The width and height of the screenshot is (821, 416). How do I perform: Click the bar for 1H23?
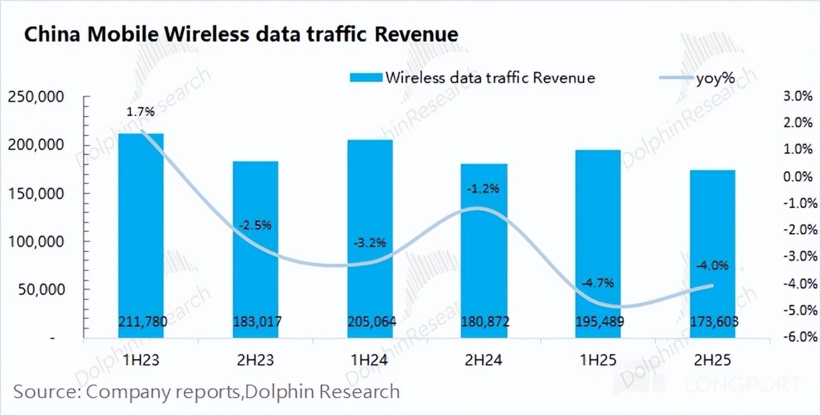(x=141, y=235)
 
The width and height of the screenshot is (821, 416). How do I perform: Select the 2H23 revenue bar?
(x=255, y=250)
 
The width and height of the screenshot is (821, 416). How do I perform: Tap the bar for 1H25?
(x=598, y=243)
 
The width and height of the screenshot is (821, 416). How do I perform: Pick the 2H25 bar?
(x=713, y=254)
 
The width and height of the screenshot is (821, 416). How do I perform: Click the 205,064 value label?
(x=372, y=322)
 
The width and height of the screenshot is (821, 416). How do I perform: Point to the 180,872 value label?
(x=485, y=322)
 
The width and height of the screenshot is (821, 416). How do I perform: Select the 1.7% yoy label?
(x=140, y=111)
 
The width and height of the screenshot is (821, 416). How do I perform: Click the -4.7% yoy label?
(x=597, y=283)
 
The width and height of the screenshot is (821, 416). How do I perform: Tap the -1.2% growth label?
(x=483, y=189)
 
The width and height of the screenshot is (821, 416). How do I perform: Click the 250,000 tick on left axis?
(x=35, y=97)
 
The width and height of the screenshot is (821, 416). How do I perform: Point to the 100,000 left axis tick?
(x=35, y=242)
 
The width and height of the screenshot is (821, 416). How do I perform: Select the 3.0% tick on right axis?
(x=798, y=96)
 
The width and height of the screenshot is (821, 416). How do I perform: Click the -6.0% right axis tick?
(x=800, y=337)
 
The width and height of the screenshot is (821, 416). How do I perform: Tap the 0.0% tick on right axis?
(x=798, y=177)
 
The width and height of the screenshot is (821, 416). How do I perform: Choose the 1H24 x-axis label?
(x=369, y=360)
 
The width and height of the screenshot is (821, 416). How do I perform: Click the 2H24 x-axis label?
(x=484, y=360)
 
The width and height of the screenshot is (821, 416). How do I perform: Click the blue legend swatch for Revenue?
(x=366, y=78)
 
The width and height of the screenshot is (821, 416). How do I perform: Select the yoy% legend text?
(x=715, y=78)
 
